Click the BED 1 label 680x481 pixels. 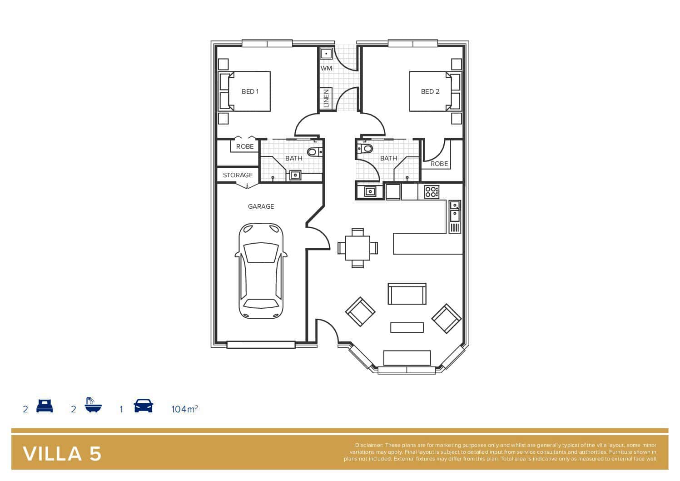(250, 91)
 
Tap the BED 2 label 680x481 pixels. (430, 91)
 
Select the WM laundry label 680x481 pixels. (326, 68)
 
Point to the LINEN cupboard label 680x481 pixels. (326, 98)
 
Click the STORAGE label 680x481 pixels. (238, 175)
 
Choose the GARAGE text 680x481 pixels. (261, 206)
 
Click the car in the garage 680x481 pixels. (261, 271)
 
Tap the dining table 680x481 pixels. (357, 248)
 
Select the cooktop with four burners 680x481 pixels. (432, 192)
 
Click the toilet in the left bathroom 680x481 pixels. (315, 151)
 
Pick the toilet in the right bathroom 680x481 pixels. (365, 149)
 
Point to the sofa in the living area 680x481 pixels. (407, 294)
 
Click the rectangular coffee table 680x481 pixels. (407, 327)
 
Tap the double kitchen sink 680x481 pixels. (454, 217)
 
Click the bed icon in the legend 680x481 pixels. (45, 406)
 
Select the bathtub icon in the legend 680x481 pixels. (93, 405)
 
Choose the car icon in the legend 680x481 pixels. (143, 406)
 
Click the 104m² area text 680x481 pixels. (184, 409)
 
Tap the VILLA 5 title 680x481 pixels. (62, 454)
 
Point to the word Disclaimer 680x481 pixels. (369, 445)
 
